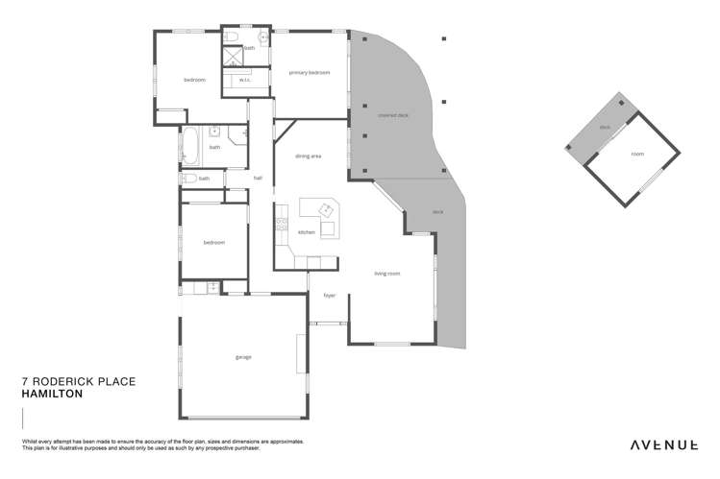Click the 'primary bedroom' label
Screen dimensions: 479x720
[x=310, y=72]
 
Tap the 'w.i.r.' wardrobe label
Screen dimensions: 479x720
[x=245, y=80]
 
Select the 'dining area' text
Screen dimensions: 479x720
[x=308, y=156]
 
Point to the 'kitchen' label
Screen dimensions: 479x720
[x=306, y=232]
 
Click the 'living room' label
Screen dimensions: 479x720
[x=387, y=274]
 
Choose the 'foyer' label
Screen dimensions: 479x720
[x=329, y=296]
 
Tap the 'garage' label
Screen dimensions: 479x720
[x=243, y=357]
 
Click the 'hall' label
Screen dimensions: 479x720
[x=258, y=178]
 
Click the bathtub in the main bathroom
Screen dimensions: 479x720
[x=190, y=147]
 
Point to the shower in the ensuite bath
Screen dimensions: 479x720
[x=233, y=56]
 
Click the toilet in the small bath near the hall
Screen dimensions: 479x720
[x=189, y=178]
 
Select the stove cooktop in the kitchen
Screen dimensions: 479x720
[x=281, y=225]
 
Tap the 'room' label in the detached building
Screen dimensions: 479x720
[x=637, y=154]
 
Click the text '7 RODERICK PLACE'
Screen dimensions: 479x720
[x=78, y=381]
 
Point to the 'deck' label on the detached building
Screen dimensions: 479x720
[x=605, y=127]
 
